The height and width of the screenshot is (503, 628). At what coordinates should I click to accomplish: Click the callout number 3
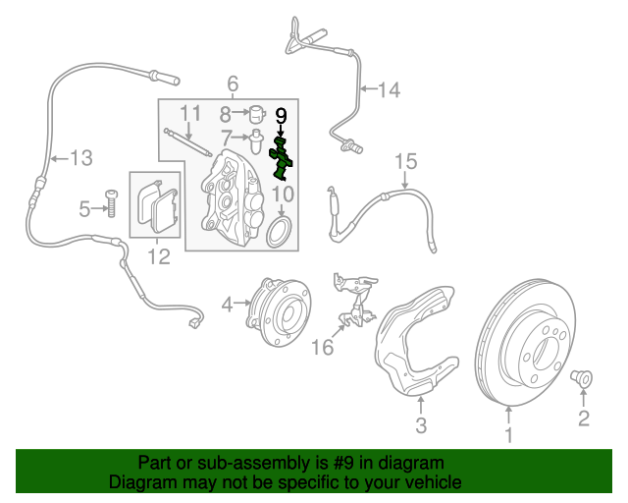click(420, 425)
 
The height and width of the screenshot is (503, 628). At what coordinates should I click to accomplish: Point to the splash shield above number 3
click(417, 339)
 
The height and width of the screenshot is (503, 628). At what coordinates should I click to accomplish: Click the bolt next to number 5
click(111, 204)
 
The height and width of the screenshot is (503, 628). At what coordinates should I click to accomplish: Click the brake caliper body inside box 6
click(232, 192)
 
